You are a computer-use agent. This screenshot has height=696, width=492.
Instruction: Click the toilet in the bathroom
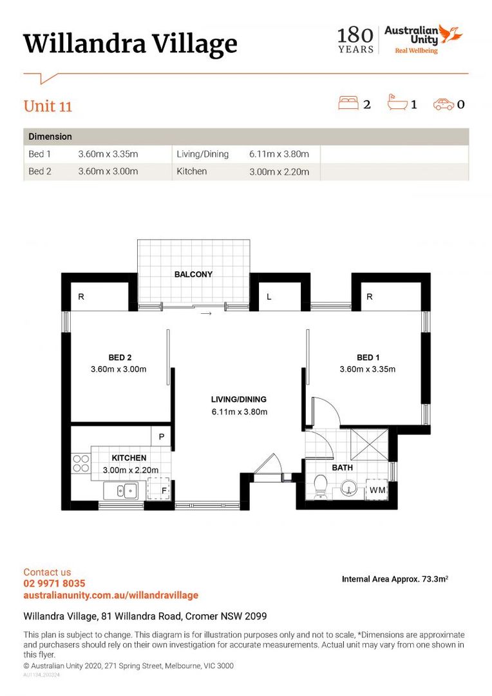coord(320,487)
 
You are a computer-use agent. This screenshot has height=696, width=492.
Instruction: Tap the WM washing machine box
coord(377,490)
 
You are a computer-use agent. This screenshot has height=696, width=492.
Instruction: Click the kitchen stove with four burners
coord(80,463)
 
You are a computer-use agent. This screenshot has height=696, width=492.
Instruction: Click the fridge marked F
coord(159,488)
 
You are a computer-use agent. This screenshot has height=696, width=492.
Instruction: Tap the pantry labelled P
coord(161,436)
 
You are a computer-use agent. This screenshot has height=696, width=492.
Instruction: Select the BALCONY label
coord(193,275)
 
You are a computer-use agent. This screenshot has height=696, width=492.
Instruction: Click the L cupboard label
coord(269,297)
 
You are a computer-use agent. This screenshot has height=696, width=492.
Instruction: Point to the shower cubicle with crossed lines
coord(369,444)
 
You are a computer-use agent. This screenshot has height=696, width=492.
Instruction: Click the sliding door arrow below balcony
coord(206,314)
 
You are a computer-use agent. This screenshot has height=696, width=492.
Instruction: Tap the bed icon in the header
coord(348,102)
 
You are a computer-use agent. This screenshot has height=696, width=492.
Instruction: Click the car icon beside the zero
coord(444,104)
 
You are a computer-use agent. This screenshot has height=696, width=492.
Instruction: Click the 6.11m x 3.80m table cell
coord(279,154)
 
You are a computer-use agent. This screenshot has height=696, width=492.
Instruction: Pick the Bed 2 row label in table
coord(40,171)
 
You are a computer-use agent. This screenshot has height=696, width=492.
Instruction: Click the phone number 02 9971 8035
coord(54,583)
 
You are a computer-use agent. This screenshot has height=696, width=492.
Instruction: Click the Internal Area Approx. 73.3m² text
coord(395,579)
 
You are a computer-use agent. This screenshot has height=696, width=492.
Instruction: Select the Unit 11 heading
coord(48,106)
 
